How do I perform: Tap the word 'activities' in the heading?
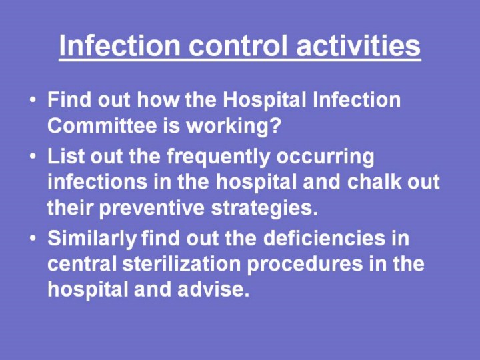pyautogui.click(x=359, y=45)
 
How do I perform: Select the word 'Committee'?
pyautogui.click(x=102, y=125)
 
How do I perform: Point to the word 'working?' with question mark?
pyautogui.click(x=234, y=126)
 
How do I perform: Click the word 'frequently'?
pyautogui.click(x=218, y=157)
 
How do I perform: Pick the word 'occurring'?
pyautogui.click(x=325, y=157)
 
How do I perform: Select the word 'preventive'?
pyautogui.click(x=152, y=209)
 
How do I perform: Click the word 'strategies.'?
pyautogui.click(x=265, y=209)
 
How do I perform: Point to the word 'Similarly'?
pyautogui.click(x=92, y=239)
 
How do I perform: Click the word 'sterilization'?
pyautogui.click(x=181, y=263)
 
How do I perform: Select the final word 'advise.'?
pyautogui.click(x=213, y=289)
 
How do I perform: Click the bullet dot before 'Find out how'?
pyautogui.click(x=33, y=100)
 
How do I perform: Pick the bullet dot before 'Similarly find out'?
pyautogui.click(x=33, y=238)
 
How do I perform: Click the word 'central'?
pyautogui.click(x=82, y=263)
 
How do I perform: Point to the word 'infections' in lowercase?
pyautogui.click(x=97, y=181)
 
